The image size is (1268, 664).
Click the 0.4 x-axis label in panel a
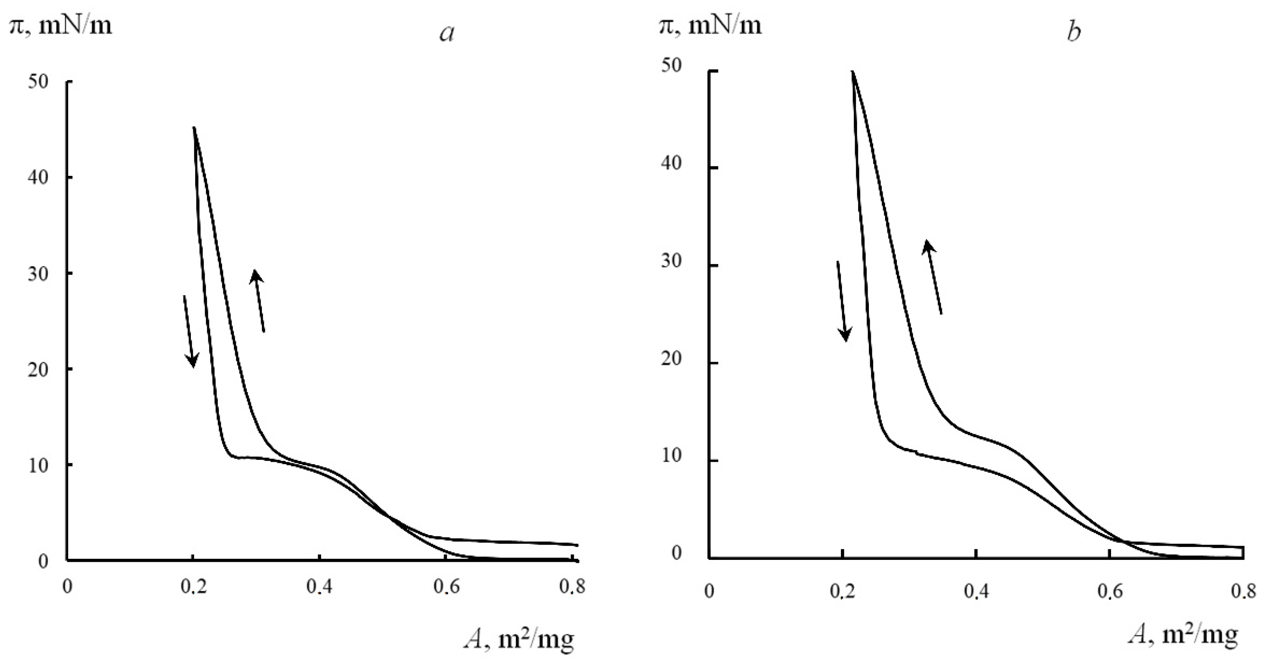coord(319,587)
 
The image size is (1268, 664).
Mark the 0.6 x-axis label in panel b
coord(1109,591)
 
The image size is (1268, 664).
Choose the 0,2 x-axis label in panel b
coord(842,591)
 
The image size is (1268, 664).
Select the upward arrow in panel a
coord(259,300)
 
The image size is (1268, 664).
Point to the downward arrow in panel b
coord(842,301)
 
